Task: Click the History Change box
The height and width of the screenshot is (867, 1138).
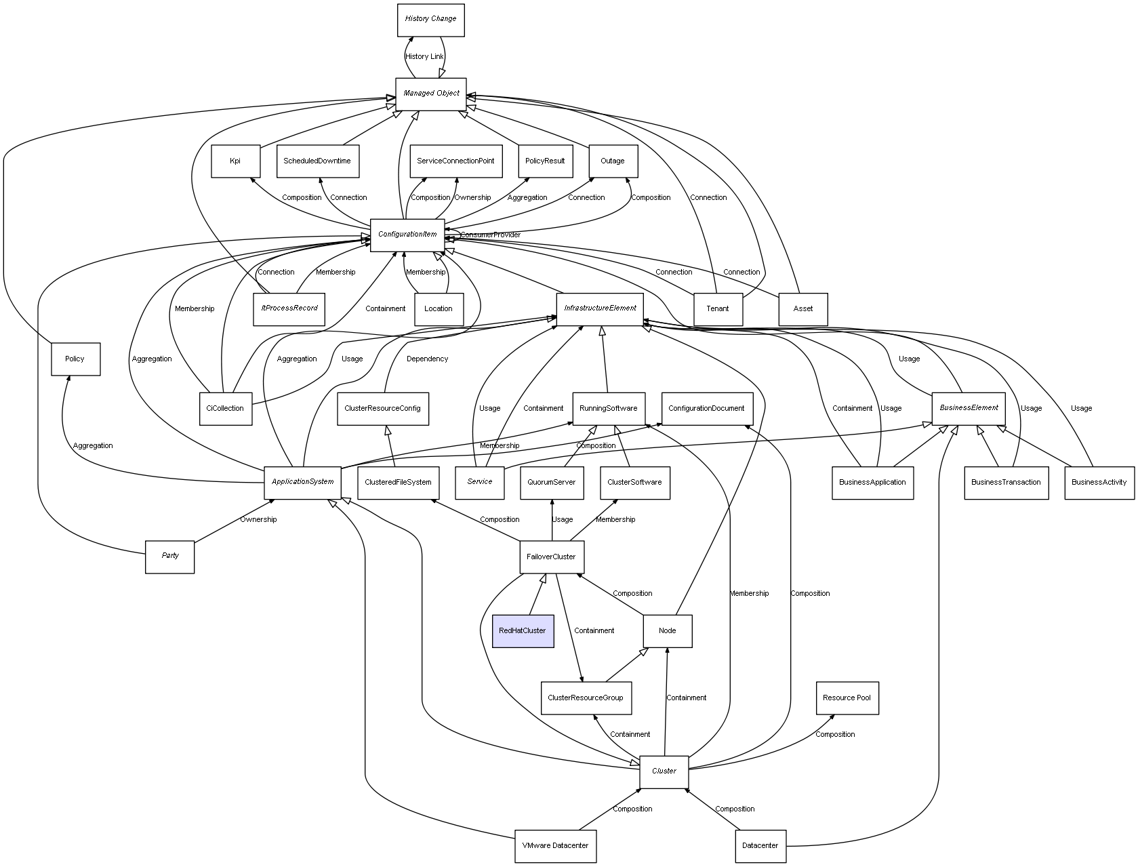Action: [431, 20]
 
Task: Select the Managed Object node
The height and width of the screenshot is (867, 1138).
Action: [431, 94]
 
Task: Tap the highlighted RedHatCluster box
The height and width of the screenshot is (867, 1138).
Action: [523, 631]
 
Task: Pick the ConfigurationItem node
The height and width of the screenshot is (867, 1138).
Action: [407, 235]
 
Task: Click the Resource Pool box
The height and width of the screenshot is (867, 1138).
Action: [847, 698]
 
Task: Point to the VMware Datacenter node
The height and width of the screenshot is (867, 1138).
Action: [555, 846]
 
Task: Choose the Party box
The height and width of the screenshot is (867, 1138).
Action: [169, 557]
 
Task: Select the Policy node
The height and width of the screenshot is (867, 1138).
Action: [76, 359]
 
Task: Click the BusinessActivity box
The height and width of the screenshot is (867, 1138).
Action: [1099, 483]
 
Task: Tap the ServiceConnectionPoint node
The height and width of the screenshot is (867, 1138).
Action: [456, 161]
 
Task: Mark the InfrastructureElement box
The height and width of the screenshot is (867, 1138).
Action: [600, 310]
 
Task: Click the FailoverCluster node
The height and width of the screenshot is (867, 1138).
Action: [552, 557]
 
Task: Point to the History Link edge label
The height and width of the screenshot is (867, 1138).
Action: [424, 56]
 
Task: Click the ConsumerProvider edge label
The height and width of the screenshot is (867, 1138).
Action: [491, 235]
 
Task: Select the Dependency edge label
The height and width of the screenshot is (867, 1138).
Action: [427, 359]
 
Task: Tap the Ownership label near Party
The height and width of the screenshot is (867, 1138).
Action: [258, 519]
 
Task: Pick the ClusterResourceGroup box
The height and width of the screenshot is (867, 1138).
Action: [586, 698]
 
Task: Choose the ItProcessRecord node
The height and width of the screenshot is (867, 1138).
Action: [289, 310]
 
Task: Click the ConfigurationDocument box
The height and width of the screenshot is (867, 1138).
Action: [707, 409]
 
